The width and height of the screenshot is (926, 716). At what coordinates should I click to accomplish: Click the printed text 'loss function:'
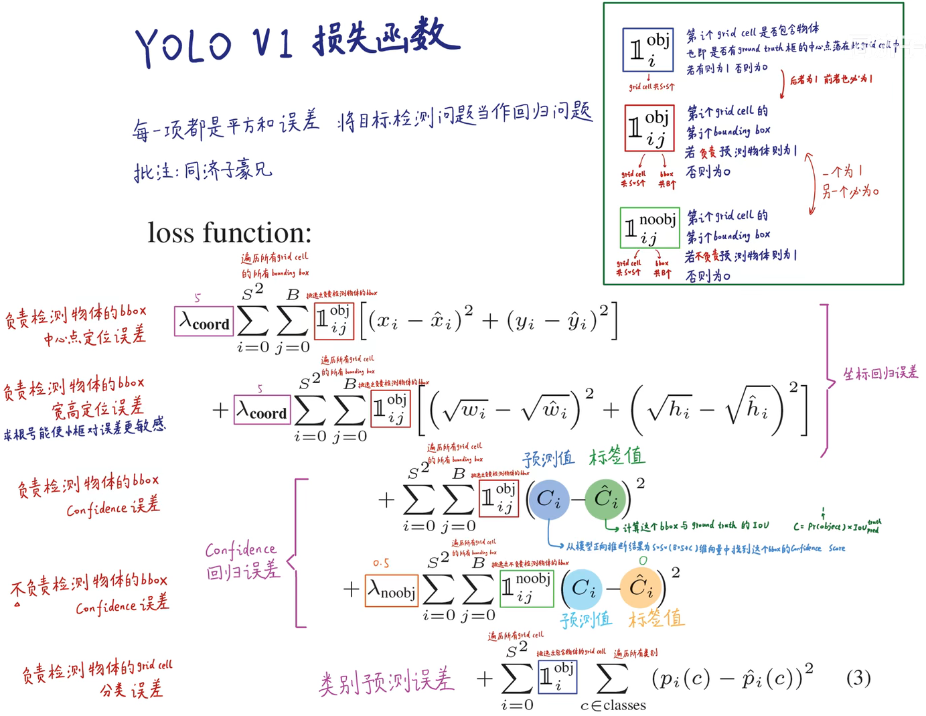click(x=230, y=233)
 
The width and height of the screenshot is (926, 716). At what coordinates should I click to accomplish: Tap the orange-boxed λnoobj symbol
click(x=392, y=591)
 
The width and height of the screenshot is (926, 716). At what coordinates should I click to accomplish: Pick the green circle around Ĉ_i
click(x=605, y=498)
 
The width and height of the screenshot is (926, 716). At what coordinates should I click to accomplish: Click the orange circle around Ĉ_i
click(x=641, y=588)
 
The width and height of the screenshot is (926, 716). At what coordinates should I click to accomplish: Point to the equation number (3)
click(x=858, y=678)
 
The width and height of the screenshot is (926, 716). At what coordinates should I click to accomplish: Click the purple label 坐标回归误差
click(x=880, y=373)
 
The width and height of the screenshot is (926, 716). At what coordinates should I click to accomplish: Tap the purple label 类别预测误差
click(x=386, y=682)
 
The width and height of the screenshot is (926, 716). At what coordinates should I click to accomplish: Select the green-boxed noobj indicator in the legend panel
click(x=649, y=228)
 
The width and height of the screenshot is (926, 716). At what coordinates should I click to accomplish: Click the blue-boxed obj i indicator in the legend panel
click(x=647, y=50)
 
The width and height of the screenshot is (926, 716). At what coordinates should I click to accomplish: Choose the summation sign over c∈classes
click(x=612, y=679)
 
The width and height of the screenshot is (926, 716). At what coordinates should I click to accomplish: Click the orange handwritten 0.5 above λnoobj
click(x=381, y=563)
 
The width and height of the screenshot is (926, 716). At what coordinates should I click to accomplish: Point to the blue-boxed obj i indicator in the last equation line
click(x=557, y=676)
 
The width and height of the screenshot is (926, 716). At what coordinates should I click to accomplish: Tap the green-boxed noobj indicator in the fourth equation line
click(x=526, y=588)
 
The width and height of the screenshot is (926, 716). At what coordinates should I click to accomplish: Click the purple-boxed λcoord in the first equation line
click(x=204, y=321)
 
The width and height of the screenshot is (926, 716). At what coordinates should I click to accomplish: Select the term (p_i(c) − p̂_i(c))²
click(x=732, y=678)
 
